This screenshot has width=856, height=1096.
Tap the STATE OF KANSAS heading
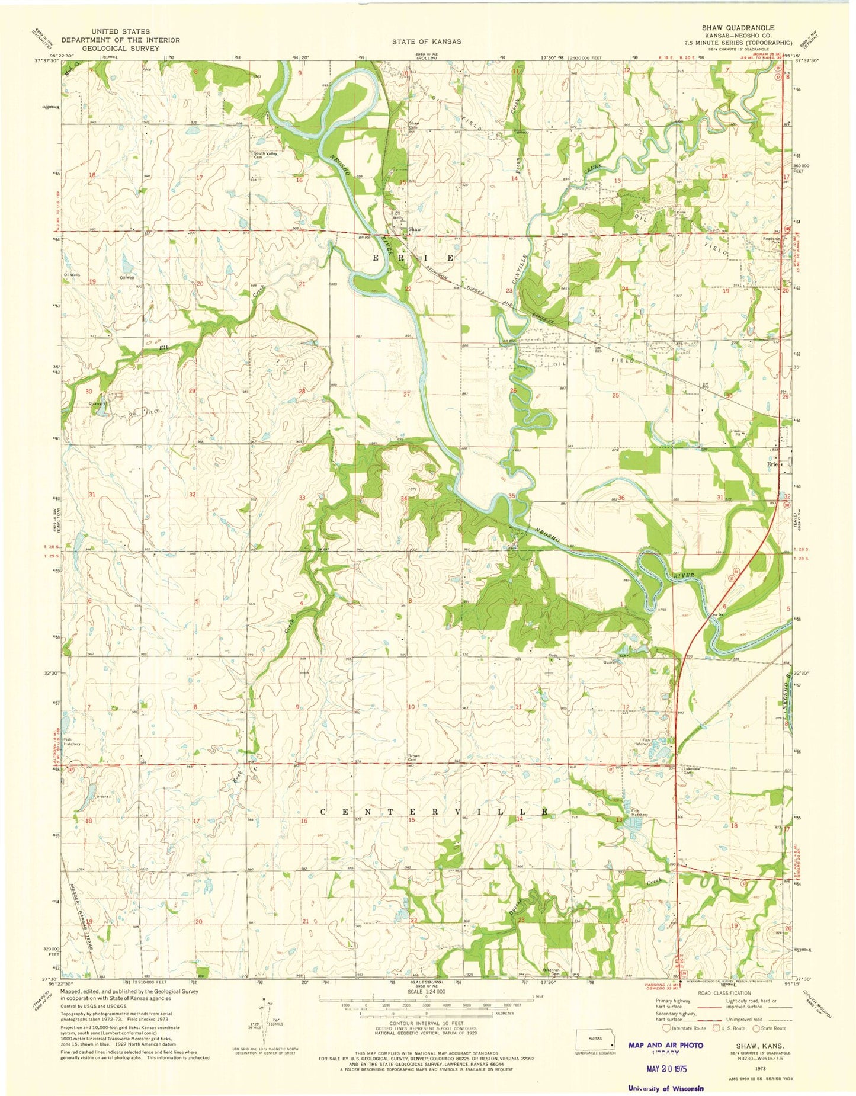point(427,42)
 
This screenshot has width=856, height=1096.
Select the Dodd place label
point(553,655)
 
